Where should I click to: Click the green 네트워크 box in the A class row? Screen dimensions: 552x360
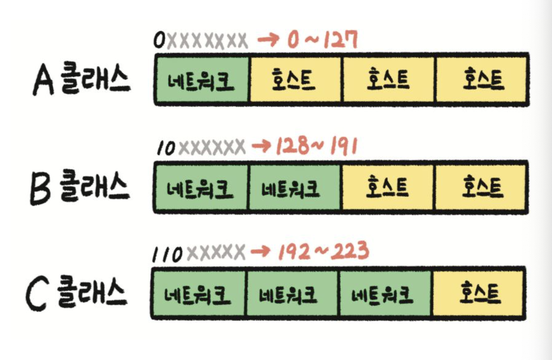(201, 80)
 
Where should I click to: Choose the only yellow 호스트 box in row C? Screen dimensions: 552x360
(480, 293)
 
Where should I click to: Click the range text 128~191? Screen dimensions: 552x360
(316, 146)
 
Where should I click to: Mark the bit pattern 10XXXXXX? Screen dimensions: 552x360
(201, 147)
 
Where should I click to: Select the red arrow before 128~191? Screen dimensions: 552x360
(263, 146)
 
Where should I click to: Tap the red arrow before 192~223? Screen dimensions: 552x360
(263, 251)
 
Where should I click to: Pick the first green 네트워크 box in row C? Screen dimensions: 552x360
(198, 293)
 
